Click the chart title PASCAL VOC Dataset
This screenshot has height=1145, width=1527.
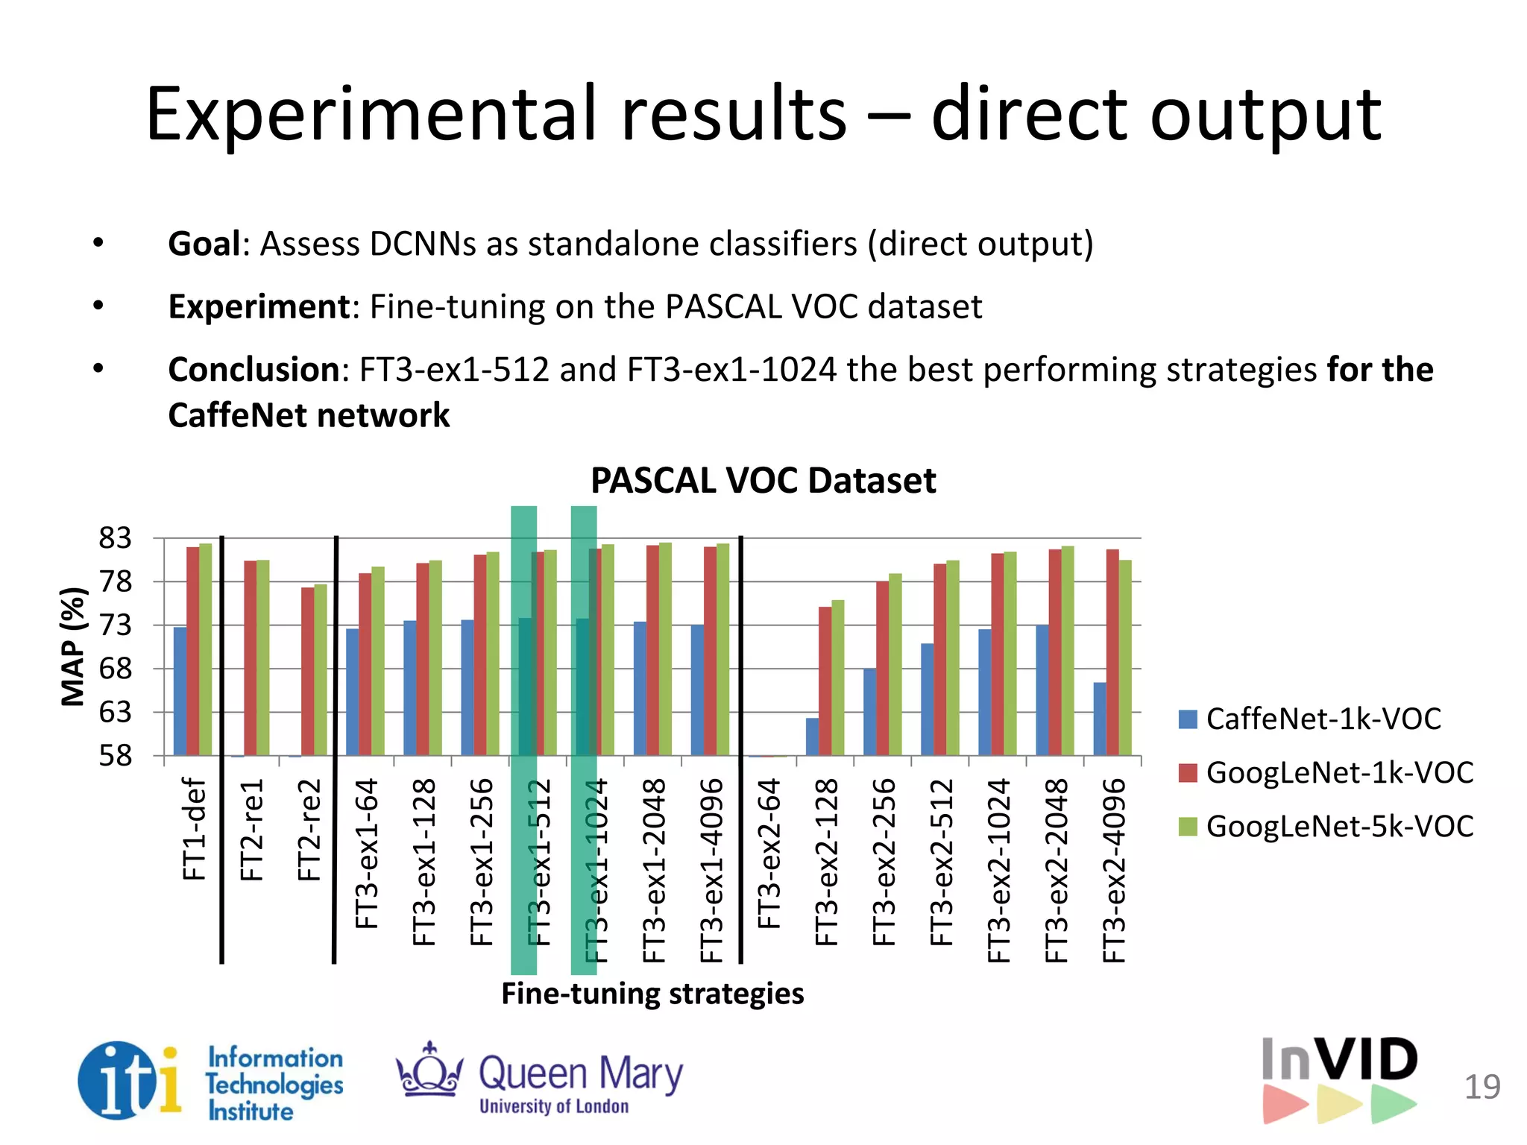pyautogui.click(x=763, y=481)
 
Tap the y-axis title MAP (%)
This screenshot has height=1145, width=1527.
pyautogui.click(x=73, y=646)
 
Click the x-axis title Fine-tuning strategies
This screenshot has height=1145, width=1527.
pyautogui.click(x=652, y=994)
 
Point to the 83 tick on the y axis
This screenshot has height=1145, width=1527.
pyautogui.click(x=115, y=537)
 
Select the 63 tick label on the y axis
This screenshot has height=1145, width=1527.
pyautogui.click(x=115, y=713)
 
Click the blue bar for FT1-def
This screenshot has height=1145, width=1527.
pyautogui.click(x=180, y=691)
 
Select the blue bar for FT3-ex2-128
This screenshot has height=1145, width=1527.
pyautogui.click(x=812, y=736)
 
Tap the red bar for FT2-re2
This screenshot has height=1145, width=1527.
pyautogui.click(x=307, y=671)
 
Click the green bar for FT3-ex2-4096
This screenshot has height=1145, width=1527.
pyautogui.click(x=1125, y=657)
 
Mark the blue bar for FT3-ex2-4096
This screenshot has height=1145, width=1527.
pyautogui.click(x=1099, y=719)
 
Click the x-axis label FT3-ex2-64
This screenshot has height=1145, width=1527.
pyautogui.click(x=769, y=854)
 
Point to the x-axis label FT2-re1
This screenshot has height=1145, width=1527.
pyautogui.click(x=252, y=830)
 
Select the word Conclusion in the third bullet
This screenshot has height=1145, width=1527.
pyautogui.click(x=254, y=370)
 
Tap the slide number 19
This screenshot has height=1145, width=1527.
pyautogui.click(x=1482, y=1087)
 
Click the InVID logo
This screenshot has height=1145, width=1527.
pyautogui.click(x=1340, y=1079)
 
